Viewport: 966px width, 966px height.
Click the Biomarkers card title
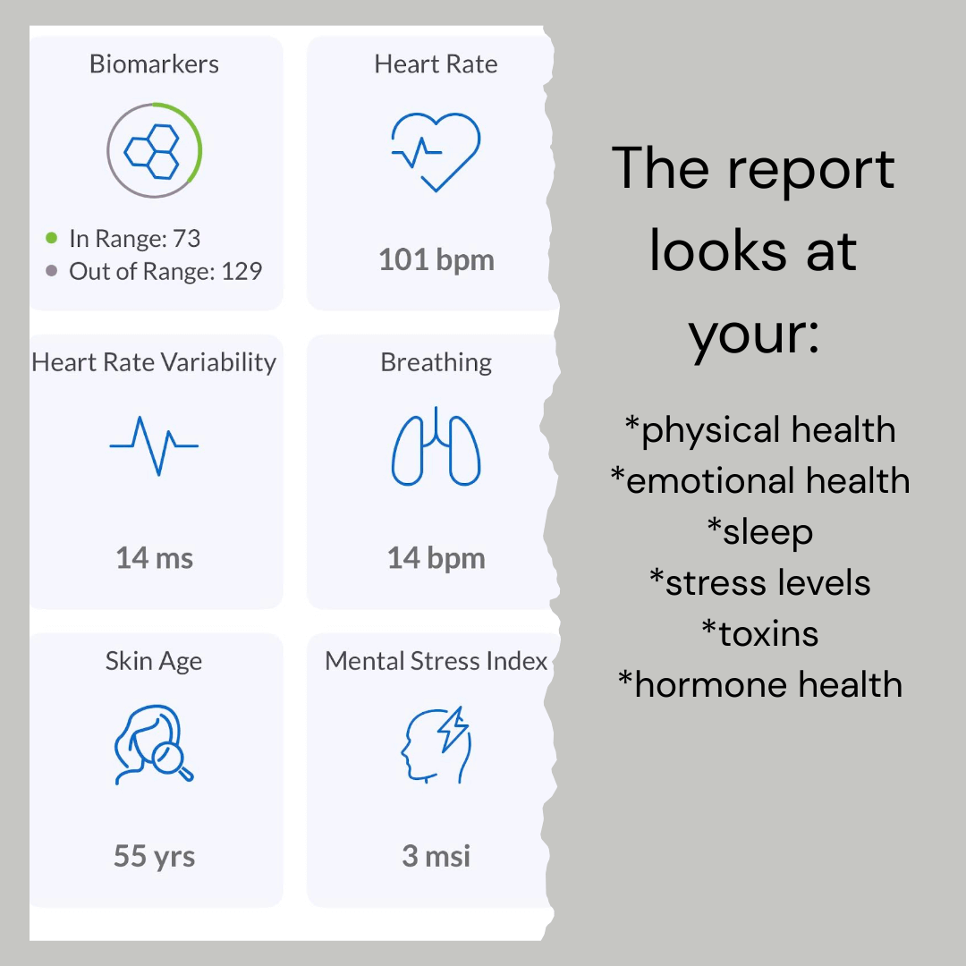[154, 64]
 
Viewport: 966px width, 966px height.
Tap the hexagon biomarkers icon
[151, 151]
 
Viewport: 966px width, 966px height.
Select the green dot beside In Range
[52, 238]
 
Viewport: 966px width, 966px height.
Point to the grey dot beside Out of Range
[52, 270]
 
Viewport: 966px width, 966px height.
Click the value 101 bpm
[436, 260]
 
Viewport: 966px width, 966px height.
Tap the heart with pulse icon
[436, 152]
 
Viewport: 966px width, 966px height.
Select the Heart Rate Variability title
[154, 362]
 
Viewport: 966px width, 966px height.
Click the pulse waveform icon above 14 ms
[154, 445]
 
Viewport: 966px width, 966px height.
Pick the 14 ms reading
[155, 558]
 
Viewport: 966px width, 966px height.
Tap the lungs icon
[436, 446]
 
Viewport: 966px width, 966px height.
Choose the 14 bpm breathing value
[436, 558]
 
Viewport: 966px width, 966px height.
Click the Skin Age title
[154, 661]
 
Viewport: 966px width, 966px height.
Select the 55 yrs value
[155, 856]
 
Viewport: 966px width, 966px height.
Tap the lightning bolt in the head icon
[453, 730]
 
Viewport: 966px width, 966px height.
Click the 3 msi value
[436, 856]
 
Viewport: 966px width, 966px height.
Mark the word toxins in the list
[768, 634]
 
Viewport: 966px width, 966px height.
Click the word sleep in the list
[767, 532]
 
